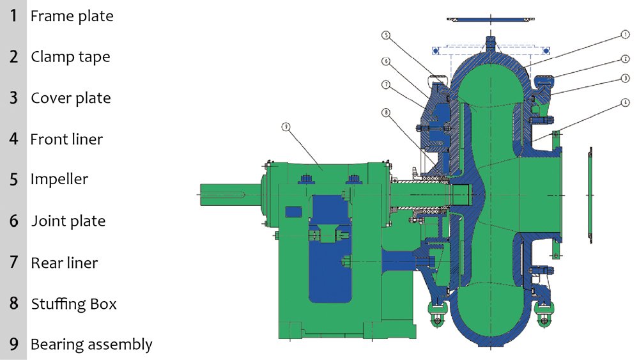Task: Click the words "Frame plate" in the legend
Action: pyautogui.click(x=72, y=16)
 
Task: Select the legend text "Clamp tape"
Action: pyautogui.click(x=70, y=57)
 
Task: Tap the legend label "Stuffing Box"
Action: pyautogui.click(x=73, y=304)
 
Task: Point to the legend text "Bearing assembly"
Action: pyautogui.click(x=91, y=345)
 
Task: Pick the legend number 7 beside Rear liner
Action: pyautogui.click(x=14, y=262)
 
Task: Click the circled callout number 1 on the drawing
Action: pyautogui.click(x=625, y=35)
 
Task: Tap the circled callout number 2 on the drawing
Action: pyautogui.click(x=625, y=59)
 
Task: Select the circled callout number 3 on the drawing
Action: pyautogui.click(x=625, y=78)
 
